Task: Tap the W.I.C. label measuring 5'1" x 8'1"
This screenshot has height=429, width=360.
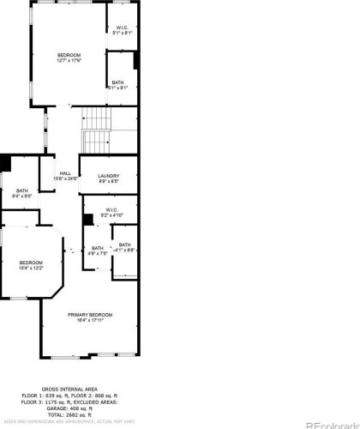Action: [122, 31]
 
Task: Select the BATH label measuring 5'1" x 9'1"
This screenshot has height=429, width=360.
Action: [117, 85]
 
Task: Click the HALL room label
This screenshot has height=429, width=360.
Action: [65, 176]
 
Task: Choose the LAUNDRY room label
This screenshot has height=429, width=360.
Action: [108, 178]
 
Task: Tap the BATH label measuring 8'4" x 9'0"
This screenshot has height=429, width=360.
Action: [21, 193]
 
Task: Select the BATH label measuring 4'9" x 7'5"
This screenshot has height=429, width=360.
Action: [98, 251]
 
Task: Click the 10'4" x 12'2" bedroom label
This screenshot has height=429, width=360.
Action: [32, 264]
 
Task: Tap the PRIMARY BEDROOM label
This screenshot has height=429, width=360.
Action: [90, 317]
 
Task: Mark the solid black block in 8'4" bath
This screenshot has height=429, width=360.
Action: [6, 162]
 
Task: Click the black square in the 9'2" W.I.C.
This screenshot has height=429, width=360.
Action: [87, 219]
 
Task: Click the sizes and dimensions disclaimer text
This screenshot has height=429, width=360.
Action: [69, 422]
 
